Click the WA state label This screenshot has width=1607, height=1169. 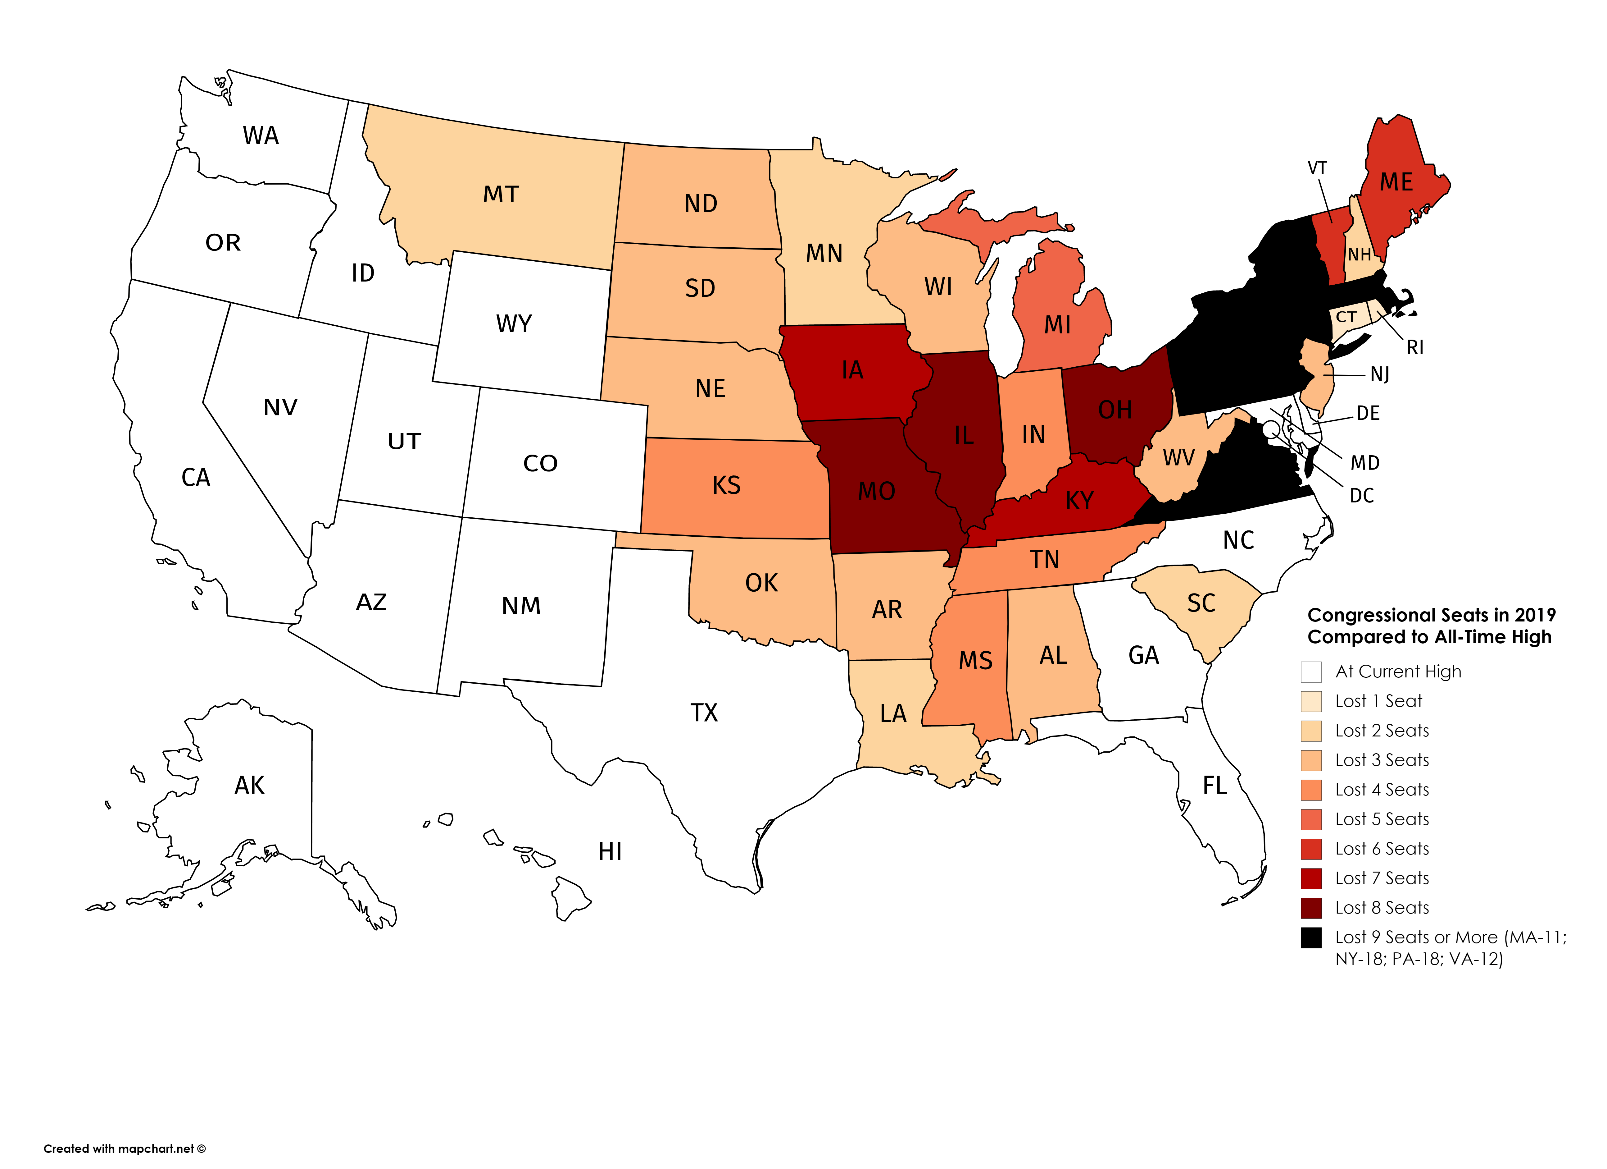[261, 135]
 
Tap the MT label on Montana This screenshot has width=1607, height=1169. [501, 194]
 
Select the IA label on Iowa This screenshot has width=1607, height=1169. [852, 370]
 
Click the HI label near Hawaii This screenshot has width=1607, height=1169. [610, 851]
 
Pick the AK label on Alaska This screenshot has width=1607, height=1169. [249, 786]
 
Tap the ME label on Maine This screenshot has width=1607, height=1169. [1396, 182]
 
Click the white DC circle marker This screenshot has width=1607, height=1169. [1271, 428]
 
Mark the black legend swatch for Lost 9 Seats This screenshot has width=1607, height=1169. [1311, 937]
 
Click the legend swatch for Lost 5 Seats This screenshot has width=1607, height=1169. [1311, 819]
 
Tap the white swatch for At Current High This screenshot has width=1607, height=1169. [1311, 671]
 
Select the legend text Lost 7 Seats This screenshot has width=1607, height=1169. [1382, 878]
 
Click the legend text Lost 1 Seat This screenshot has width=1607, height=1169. [1378, 701]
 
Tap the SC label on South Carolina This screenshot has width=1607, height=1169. [1201, 603]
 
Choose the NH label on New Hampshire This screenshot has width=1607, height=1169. [1359, 254]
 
